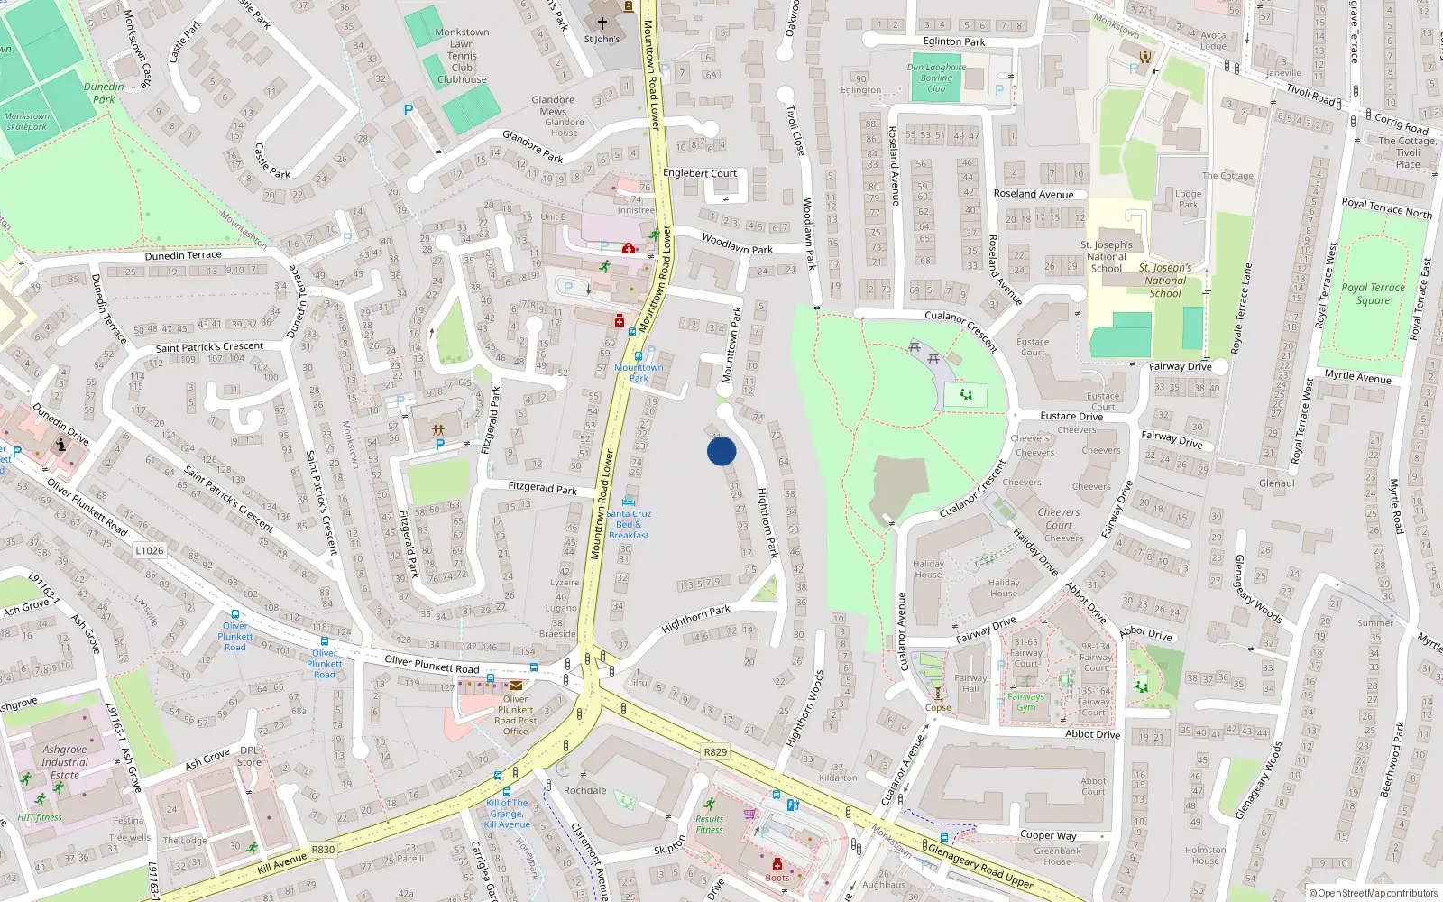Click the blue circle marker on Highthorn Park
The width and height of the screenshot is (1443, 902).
[x=721, y=451]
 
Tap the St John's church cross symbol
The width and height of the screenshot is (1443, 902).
[x=602, y=23]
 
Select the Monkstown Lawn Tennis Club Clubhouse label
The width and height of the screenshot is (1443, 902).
[x=462, y=56]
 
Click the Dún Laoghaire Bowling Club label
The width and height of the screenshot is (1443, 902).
[x=936, y=78]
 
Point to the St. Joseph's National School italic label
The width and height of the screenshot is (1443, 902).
[x=1166, y=281]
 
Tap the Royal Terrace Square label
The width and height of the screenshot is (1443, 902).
[x=1373, y=294]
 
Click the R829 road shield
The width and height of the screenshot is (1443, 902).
[x=715, y=751]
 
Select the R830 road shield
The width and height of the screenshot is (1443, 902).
[x=323, y=850]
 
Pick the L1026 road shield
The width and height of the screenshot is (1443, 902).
[x=150, y=550]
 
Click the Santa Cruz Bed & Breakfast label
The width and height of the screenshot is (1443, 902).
[x=629, y=524]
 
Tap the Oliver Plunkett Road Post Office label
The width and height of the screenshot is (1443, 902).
[x=515, y=714]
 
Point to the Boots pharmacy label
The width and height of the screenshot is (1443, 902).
[x=777, y=878]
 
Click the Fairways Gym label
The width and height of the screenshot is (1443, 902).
[x=1026, y=702]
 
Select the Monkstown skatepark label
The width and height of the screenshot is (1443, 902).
[x=26, y=121]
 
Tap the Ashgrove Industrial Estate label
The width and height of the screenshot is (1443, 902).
[x=65, y=762]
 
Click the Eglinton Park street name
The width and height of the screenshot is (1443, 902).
[x=953, y=41]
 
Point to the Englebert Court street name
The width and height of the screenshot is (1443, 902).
[x=700, y=173]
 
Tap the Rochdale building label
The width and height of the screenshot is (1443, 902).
[x=585, y=790]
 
